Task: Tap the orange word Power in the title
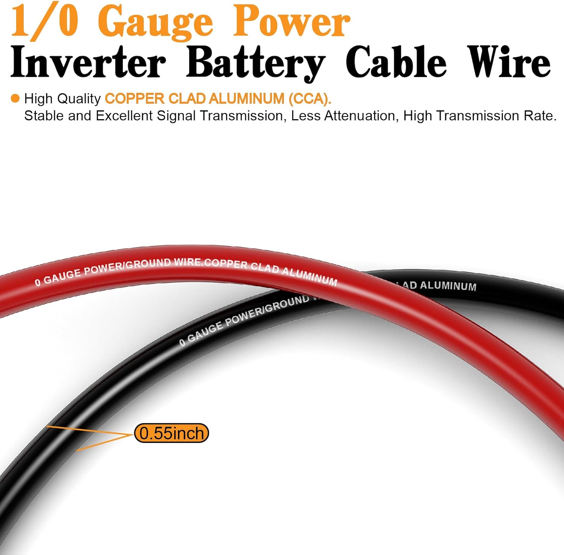pos(291,22)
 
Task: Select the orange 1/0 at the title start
pos(44,22)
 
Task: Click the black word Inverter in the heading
pos(88,62)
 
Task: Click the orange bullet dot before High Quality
pos(15,98)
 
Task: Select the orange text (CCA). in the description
pos(310,99)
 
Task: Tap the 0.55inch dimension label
pos(171,433)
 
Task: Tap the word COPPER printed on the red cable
pos(226,263)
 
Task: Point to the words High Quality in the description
pos(62,99)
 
